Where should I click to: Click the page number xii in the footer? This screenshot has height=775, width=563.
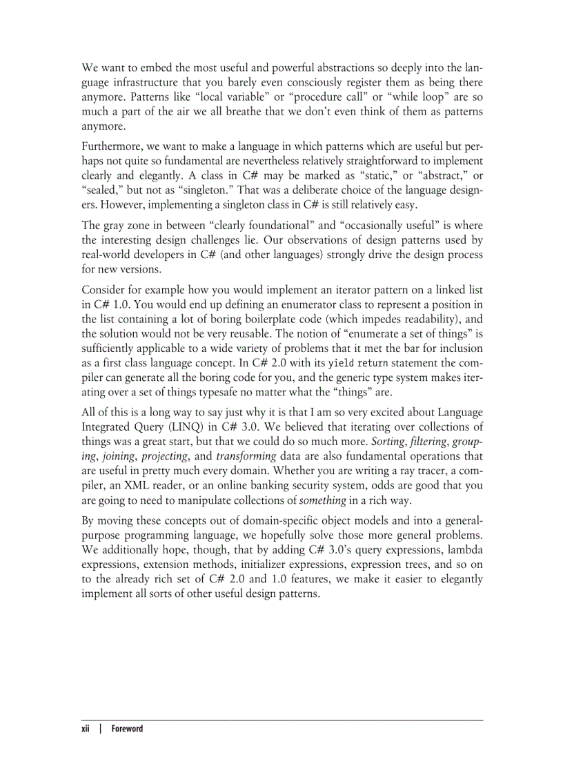coord(87,729)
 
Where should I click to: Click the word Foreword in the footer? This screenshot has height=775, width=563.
coord(126,729)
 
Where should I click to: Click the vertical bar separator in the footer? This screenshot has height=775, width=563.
coord(101,729)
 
